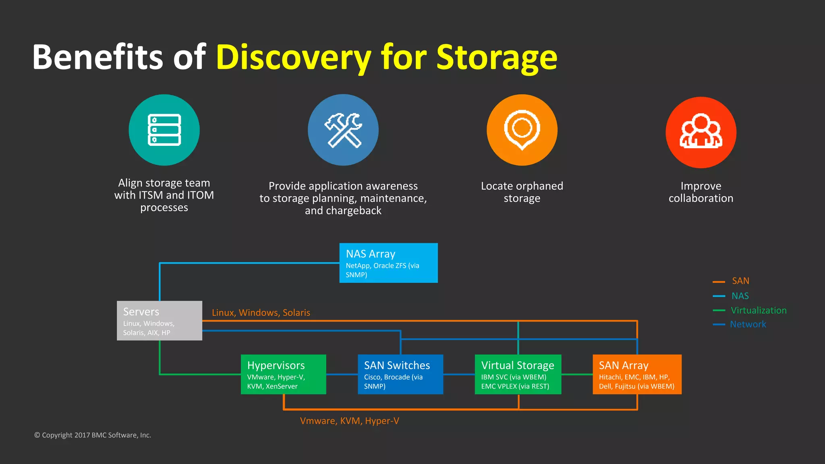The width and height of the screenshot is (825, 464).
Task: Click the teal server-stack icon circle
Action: click(164, 130)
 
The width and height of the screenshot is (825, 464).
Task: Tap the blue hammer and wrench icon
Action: click(343, 130)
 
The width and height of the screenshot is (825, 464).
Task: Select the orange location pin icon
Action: click(522, 130)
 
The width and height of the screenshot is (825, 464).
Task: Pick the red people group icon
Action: click(701, 132)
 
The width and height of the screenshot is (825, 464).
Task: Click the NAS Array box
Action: click(388, 263)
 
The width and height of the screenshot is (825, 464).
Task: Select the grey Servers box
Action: click(160, 321)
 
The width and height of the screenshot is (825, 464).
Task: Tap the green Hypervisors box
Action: click(283, 374)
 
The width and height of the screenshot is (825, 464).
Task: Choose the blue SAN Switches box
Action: click(400, 374)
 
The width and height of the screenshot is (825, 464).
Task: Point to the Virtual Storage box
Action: click(518, 374)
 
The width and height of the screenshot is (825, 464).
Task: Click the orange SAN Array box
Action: click(637, 374)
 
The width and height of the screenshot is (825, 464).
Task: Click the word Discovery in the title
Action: click(293, 57)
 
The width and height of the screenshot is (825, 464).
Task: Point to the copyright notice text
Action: click(93, 435)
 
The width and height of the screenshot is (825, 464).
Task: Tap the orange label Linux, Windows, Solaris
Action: click(261, 313)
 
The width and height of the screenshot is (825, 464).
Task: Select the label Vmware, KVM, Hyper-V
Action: click(349, 421)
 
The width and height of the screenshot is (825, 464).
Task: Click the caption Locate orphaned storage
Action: click(522, 192)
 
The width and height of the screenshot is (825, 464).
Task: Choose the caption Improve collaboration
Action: click(701, 192)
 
